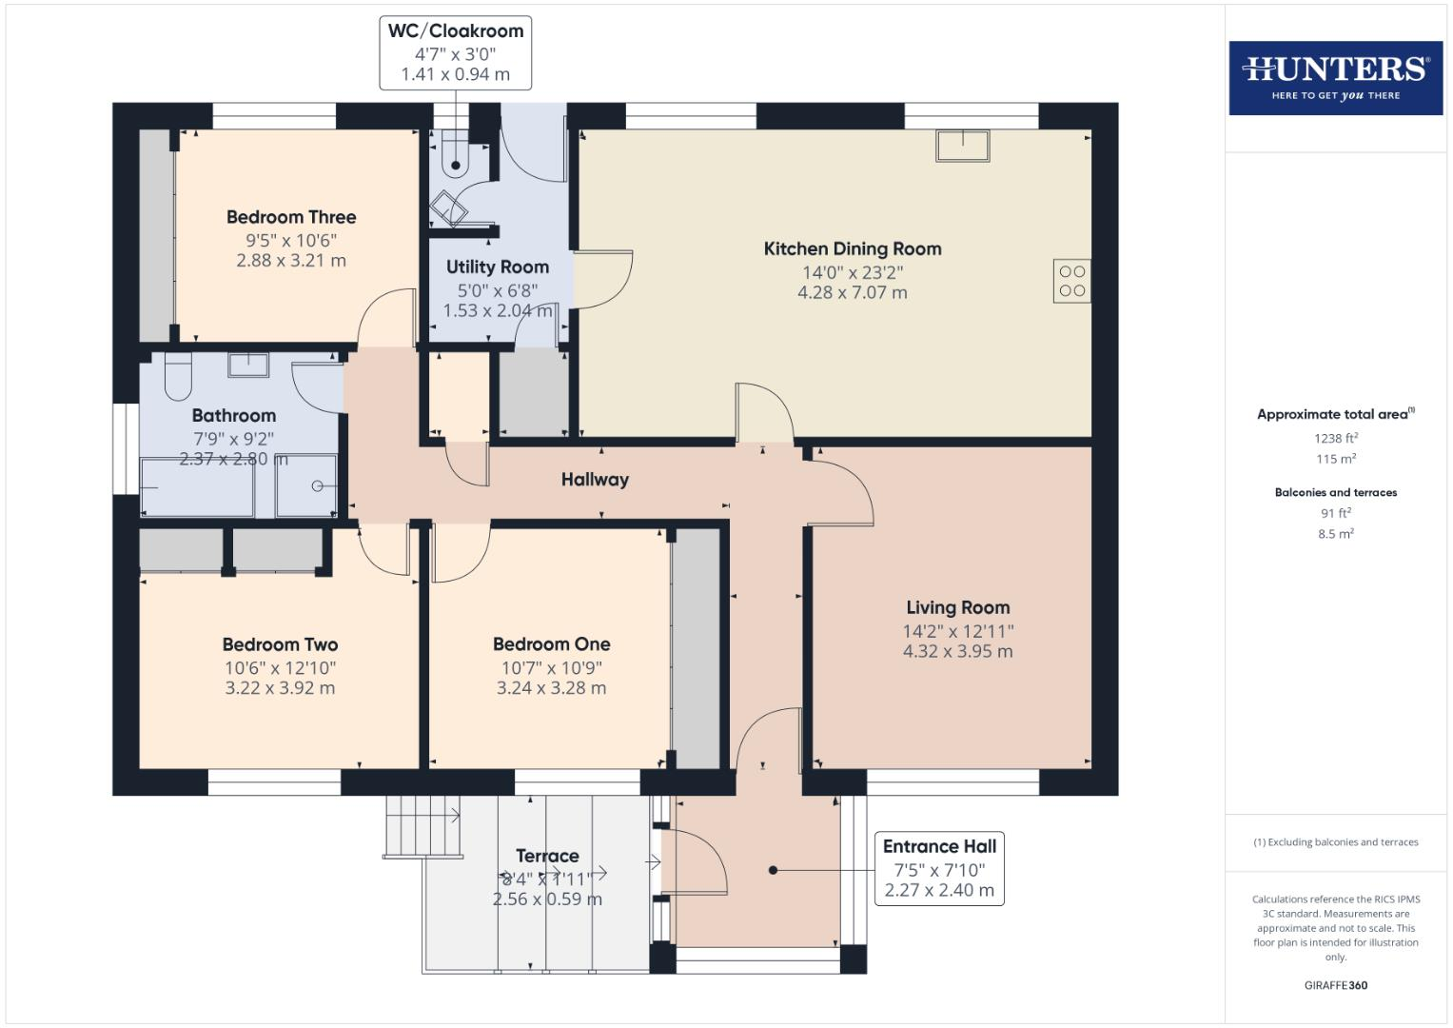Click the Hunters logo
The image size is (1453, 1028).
click(1335, 77)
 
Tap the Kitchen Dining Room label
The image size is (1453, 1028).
click(853, 248)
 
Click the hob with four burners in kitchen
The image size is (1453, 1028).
click(1071, 282)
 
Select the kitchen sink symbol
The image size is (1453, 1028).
click(963, 146)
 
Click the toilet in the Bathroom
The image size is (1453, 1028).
click(178, 377)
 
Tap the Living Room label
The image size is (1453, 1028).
click(957, 607)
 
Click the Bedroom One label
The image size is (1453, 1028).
click(551, 644)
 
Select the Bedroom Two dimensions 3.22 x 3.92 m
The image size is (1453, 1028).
click(280, 688)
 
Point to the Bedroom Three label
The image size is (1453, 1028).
click(291, 217)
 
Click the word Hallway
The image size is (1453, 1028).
click(595, 480)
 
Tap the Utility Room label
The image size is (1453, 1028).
click(498, 267)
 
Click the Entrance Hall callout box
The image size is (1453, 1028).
click(938, 868)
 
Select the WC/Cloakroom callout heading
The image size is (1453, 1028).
click(456, 31)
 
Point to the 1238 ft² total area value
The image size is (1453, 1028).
click(1335, 439)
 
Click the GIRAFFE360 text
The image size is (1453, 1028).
click(1335, 985)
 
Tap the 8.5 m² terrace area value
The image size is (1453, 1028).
click(1335, 534)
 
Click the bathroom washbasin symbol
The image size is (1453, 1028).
click(248, 366)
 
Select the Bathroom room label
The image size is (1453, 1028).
click(234, 416)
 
